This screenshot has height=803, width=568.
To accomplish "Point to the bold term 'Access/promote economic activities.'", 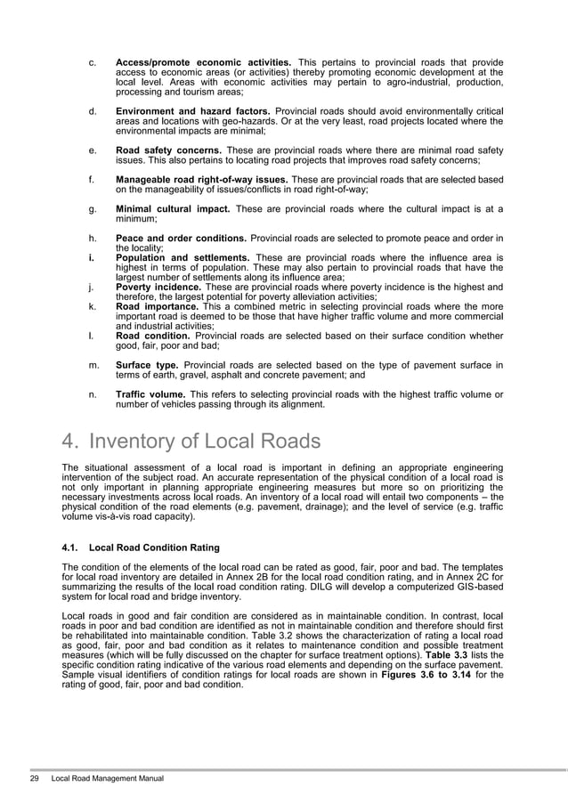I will tap(203, 63).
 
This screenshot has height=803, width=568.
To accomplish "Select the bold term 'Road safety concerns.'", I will tap(169, 150).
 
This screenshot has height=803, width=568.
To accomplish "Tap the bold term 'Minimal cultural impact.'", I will tap(173, 209).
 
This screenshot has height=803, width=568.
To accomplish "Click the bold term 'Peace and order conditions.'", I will tap(182, 239).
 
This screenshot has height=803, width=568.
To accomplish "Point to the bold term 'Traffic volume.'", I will tap(150, 393).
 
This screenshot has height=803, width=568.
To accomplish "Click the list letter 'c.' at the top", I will tap(93, 63).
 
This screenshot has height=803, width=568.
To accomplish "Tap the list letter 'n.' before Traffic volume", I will tap(93, 393).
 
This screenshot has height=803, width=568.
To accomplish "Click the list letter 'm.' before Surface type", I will tap(93, 364).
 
